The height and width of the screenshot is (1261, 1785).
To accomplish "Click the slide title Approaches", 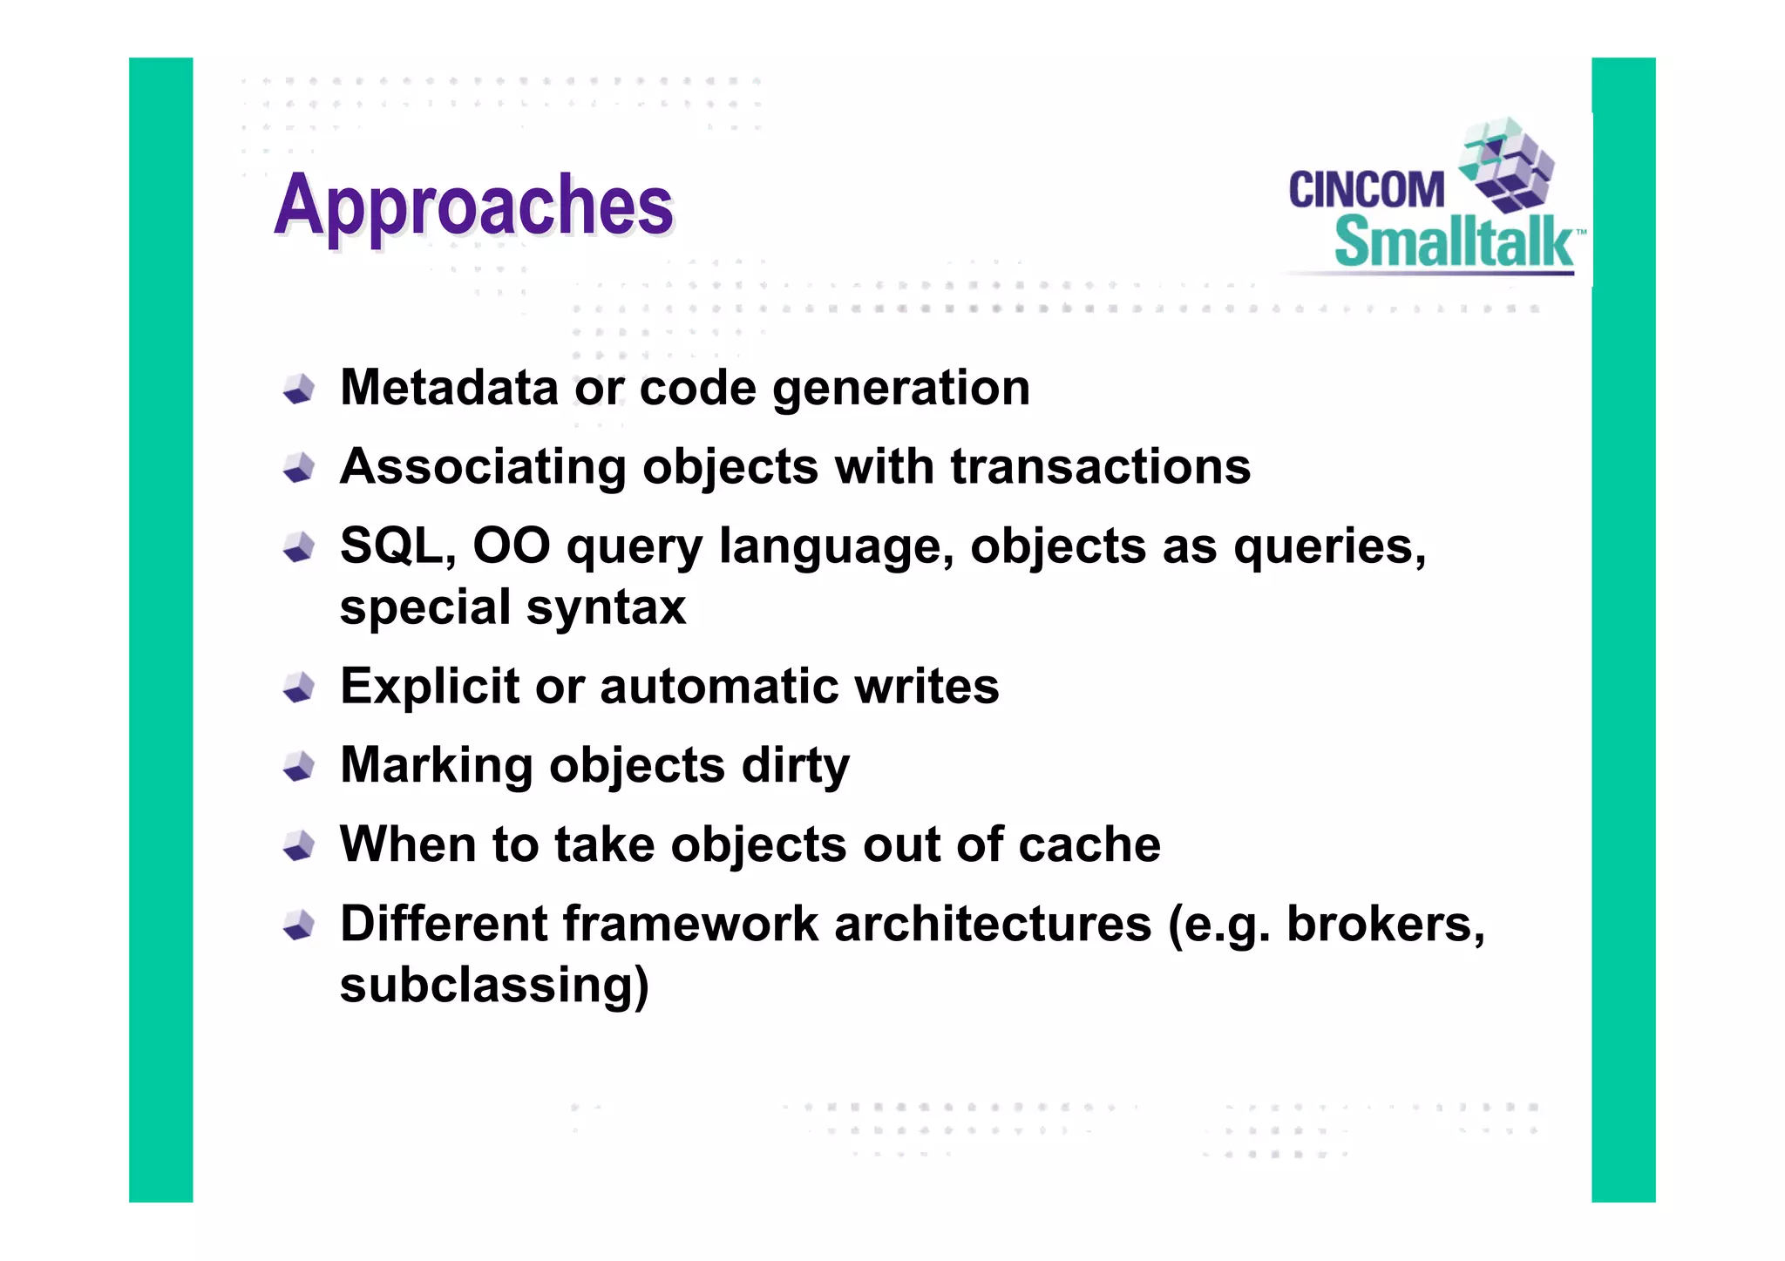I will (473, 206).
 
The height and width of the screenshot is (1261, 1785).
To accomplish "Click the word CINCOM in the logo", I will (1366, 190).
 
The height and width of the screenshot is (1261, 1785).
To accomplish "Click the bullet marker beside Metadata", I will (299, 389).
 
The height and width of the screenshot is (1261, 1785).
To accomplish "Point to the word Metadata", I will (449, 387).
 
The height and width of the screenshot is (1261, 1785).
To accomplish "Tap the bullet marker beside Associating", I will (299, 468).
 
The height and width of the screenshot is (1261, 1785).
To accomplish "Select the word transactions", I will (1100, 466).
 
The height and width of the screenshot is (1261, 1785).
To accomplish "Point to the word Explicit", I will (429, 686).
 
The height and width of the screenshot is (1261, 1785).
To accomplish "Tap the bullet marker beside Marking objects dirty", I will (299, 766).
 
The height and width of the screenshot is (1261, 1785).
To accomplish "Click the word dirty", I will (795, 766).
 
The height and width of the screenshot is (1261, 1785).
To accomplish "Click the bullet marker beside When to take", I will (299, 845).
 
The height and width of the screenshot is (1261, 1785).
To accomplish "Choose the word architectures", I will (993, 924).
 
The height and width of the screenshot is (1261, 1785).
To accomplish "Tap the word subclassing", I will (493, 986).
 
